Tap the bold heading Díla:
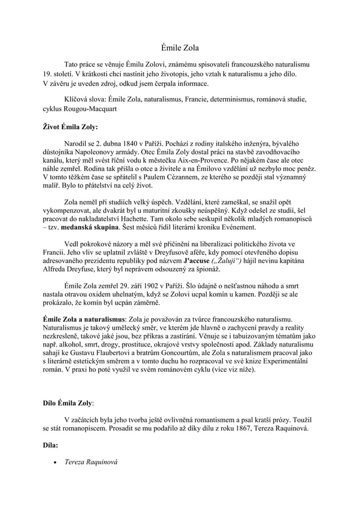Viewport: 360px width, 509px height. [51, 446]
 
